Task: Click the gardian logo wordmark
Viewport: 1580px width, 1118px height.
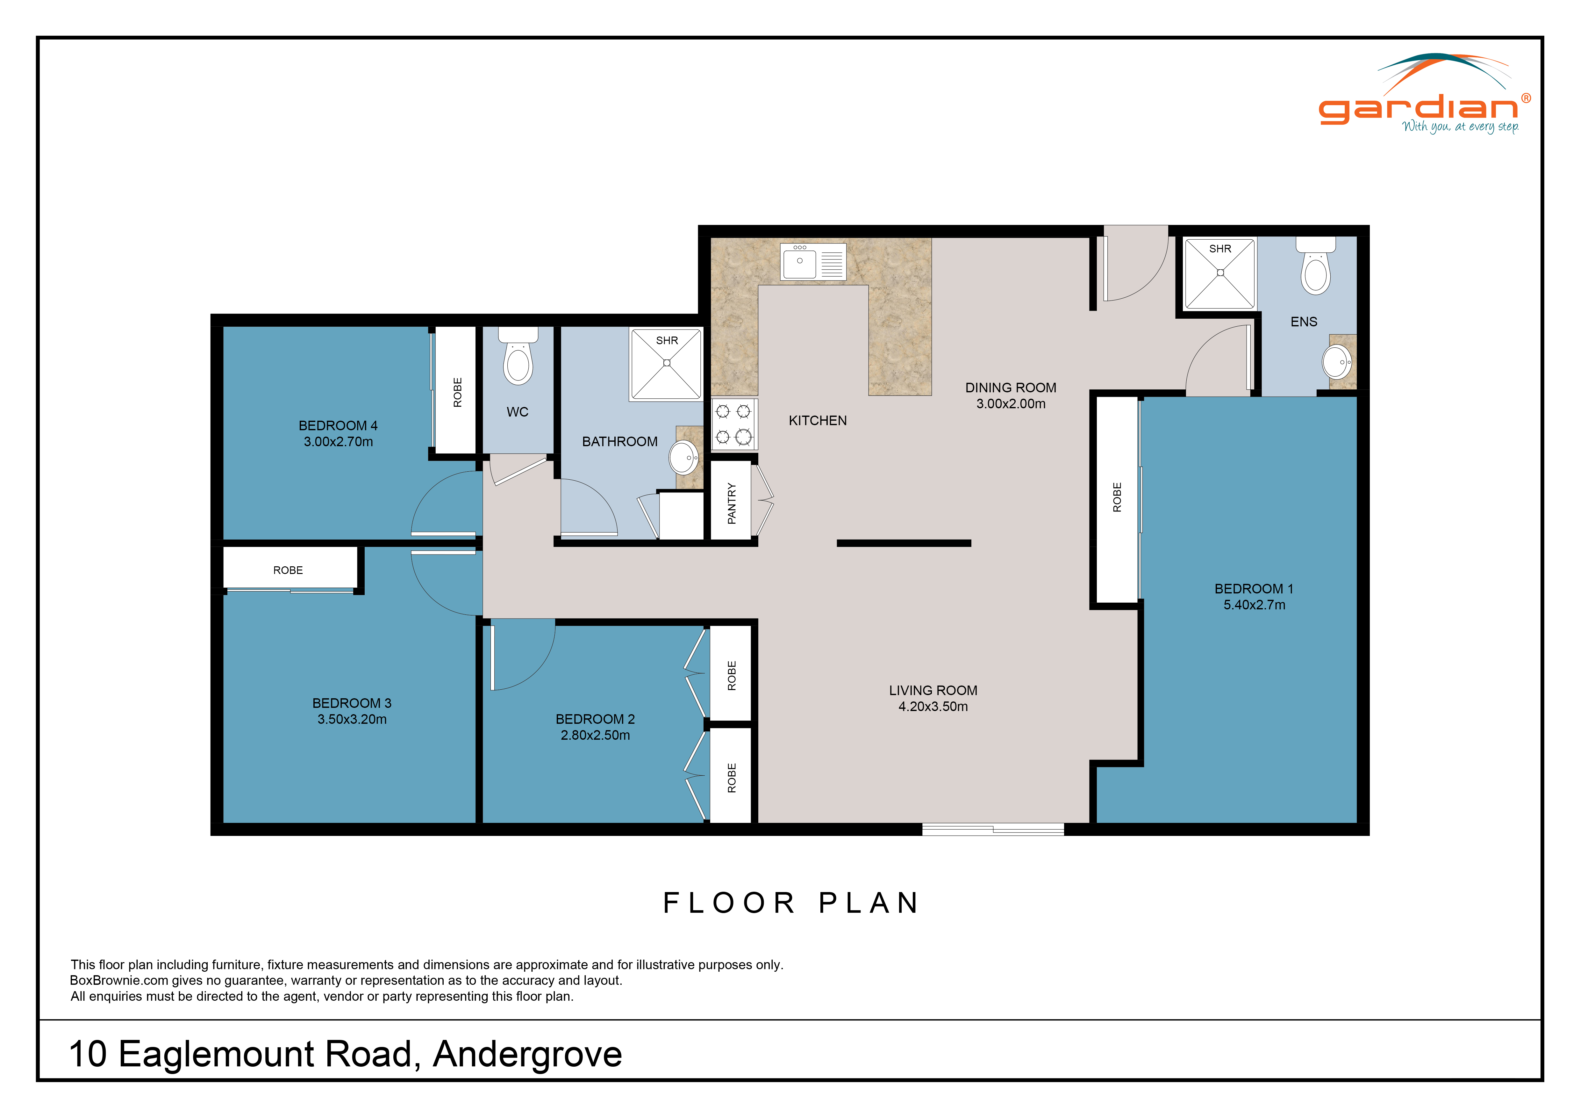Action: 1418,109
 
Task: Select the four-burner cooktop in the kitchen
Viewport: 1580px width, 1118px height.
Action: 733,424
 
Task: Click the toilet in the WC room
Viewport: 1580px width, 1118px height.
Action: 518,359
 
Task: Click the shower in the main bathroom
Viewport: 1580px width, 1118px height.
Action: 666,364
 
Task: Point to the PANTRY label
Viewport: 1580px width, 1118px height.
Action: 732,503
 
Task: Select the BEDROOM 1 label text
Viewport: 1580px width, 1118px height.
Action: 1254,589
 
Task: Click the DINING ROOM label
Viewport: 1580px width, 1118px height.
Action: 1010,388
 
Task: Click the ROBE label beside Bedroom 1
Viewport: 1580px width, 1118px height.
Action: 1117,497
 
